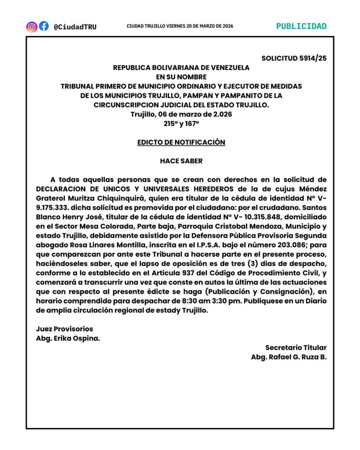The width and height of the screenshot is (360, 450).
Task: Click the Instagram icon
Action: tap(32, 26)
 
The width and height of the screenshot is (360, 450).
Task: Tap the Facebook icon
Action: tap(44, 26)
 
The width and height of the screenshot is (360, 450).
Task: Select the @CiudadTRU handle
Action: tap(75, 27)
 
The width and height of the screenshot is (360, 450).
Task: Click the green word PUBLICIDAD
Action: tap(301, 26)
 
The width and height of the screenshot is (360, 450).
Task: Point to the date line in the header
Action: tap(180, 26)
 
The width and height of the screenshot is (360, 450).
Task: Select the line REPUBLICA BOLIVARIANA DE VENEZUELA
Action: tap(181, 68)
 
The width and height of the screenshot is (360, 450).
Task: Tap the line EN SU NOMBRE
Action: tap(181, 77)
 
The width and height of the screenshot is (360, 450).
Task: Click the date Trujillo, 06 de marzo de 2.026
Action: tap(181, 114)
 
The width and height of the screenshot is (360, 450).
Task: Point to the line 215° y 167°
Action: tap(181, 124)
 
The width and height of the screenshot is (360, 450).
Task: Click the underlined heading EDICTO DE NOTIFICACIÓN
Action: tap(181, 142)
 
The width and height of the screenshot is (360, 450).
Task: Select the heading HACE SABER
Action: tap(181, 161)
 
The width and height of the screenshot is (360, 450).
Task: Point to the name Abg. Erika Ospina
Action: tap(67, 338)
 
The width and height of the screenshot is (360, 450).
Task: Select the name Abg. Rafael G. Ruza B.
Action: tap(289, 357)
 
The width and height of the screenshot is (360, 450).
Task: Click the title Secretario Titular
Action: tap(296, 347)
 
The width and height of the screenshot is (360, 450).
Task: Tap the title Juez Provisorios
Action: tap(65, 329)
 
